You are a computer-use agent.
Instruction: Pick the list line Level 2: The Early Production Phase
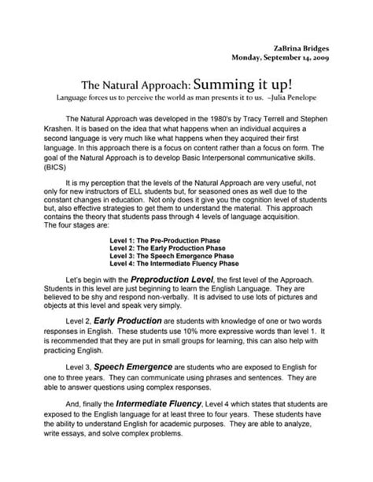pyautogui.click(x=175, y=247)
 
